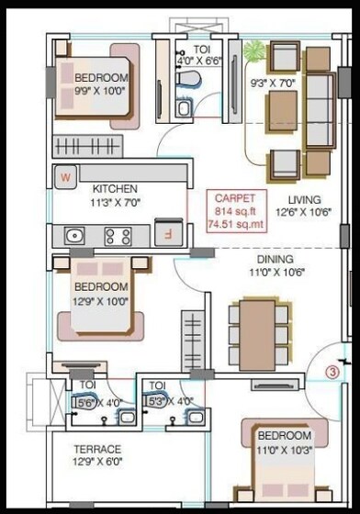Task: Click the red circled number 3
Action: pyautogui.click(x=333, y=373)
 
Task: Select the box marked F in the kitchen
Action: pyautogui.click(x=167, y=233)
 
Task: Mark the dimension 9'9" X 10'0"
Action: pyautogui.click(x=101, y=91)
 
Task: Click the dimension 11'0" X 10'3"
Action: pyautogui.click(x=284, y=448)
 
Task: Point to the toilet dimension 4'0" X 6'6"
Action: pyautogui.click(x=201, y=61)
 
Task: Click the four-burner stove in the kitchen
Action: pyautogui.click(x=118, y=237)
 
